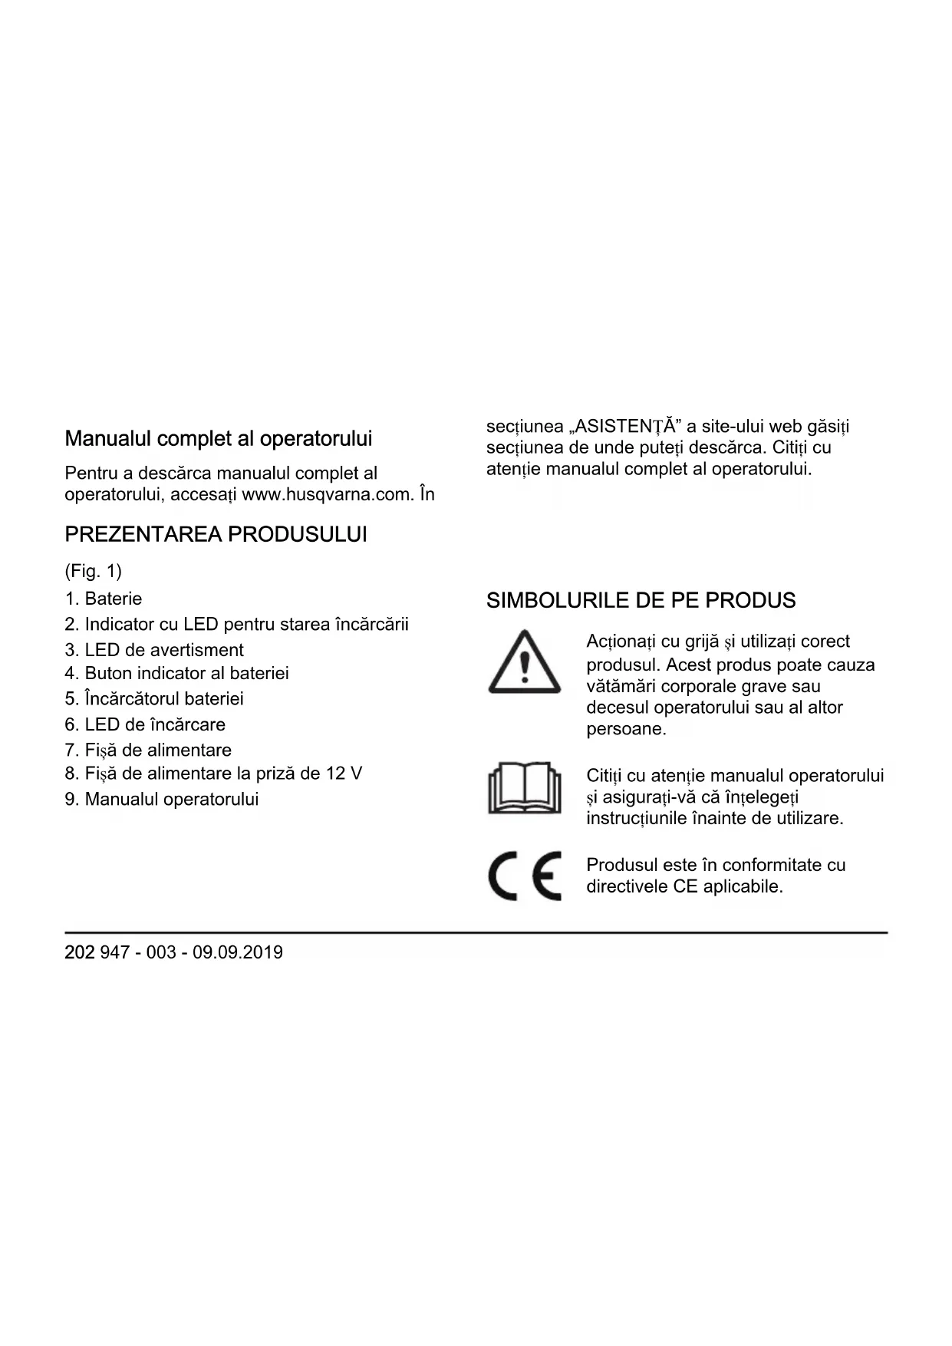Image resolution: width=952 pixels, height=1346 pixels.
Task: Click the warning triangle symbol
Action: [x=524, y=662]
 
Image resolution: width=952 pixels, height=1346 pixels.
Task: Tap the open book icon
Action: [x=524, y=788]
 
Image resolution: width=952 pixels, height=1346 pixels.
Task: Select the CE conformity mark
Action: [x=525, y=876]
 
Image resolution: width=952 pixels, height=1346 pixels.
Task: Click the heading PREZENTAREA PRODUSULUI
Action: [x=216, y=535]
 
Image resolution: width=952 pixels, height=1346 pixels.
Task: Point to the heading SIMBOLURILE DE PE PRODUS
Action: [x=641, y=601]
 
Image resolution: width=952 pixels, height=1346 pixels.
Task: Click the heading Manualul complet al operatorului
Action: [x=218, y=439]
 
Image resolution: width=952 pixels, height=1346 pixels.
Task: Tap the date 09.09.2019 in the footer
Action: [x=238, y=952]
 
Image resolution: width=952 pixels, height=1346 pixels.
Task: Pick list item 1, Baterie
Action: [x=104, y=599]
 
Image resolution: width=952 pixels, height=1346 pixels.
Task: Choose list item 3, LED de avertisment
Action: [x=154, y=650]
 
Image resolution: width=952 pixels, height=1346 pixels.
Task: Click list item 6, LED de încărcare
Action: [x=145, y=724]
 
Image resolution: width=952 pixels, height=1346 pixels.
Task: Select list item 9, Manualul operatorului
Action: [x=162, y=799]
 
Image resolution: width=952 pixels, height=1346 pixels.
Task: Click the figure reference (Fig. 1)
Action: [x=94, y=571]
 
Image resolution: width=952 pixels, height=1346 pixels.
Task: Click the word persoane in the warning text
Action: [x=626, y=729]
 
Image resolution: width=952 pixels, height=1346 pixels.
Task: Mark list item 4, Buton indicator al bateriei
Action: [x=177, y=673]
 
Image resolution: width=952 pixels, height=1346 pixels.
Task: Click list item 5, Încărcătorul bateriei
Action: [x=154, y=698]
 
